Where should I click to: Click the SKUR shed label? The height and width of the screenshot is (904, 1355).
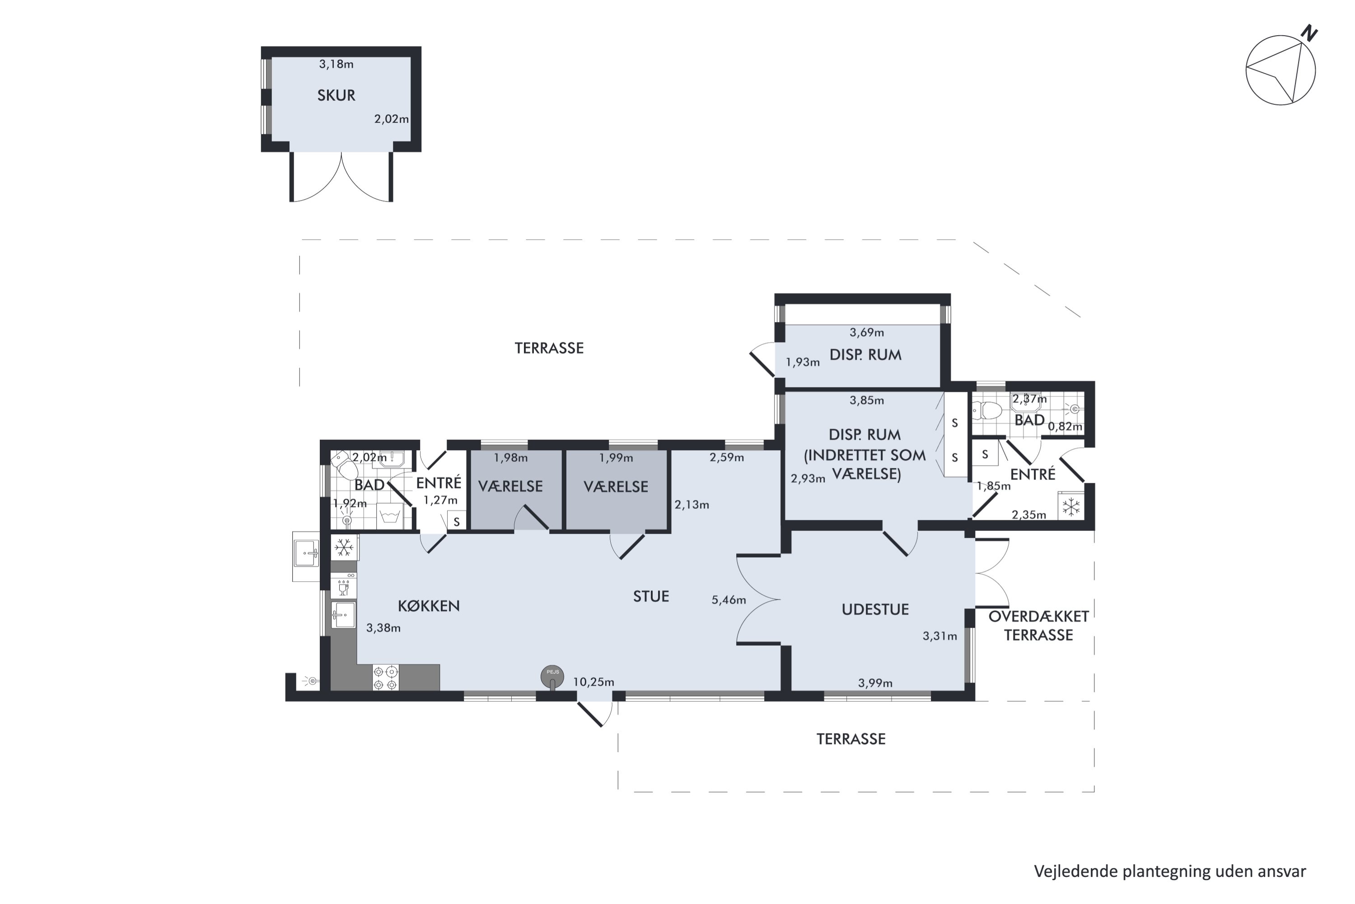336,95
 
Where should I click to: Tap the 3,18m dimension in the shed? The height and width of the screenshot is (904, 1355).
336,64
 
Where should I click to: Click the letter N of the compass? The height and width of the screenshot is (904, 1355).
1310,33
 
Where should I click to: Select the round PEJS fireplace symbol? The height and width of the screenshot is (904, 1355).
552,677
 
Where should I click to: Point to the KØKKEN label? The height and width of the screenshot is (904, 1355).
429,606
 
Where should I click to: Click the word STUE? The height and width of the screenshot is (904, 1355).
651,596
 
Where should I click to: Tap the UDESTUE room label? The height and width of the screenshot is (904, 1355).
875,609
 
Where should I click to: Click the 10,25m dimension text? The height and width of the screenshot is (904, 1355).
593,682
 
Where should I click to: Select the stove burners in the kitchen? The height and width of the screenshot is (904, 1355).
385,678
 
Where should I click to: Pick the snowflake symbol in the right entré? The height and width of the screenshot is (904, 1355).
1071,507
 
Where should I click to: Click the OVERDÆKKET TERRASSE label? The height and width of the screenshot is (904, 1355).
1039,626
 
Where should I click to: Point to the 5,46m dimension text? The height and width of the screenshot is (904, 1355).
729,600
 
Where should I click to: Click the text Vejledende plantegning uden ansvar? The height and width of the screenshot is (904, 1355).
1170,871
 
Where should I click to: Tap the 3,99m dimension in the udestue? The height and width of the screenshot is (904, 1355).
875,683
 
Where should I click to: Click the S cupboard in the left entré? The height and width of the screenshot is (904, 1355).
457,521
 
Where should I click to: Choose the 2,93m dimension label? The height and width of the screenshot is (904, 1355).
808,479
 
